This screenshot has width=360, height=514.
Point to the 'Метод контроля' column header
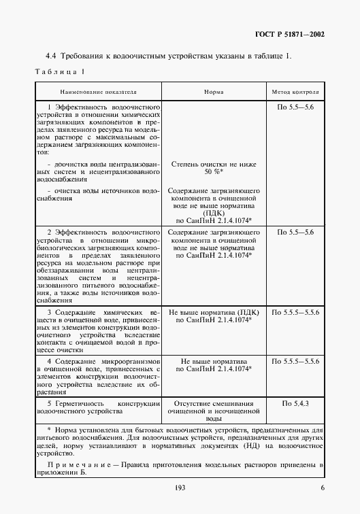coord(295,90)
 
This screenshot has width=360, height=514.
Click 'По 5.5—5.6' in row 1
coord(295,107)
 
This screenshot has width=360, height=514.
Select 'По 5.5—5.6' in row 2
coord(295,233)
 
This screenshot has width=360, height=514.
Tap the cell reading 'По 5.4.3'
coord(295,404)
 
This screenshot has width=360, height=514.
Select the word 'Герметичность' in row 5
coord(76,404)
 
